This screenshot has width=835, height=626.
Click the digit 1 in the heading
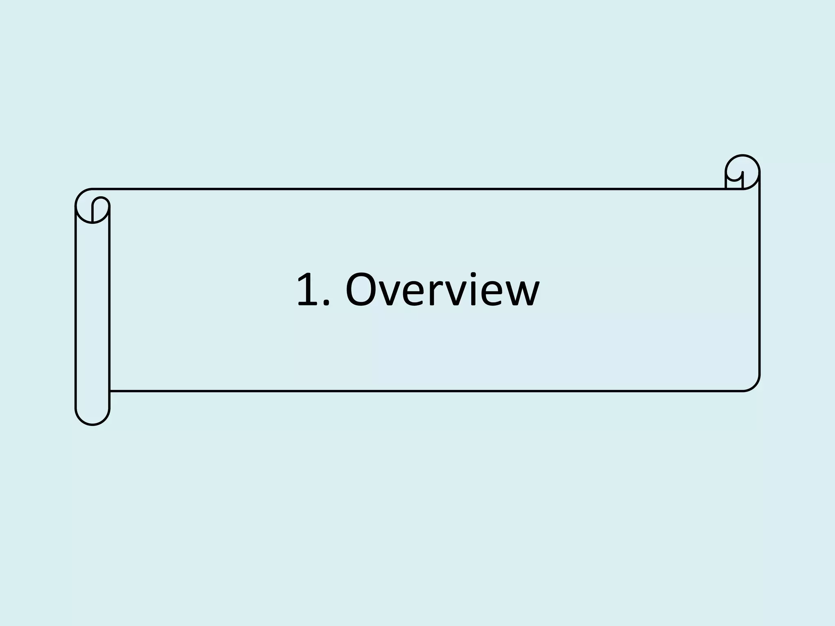tap(309, 290)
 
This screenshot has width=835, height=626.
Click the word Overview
tap(442, 290)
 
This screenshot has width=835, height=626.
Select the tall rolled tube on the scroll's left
tap(93, 314)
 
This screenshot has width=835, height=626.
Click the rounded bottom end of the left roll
tap(93, 418)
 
